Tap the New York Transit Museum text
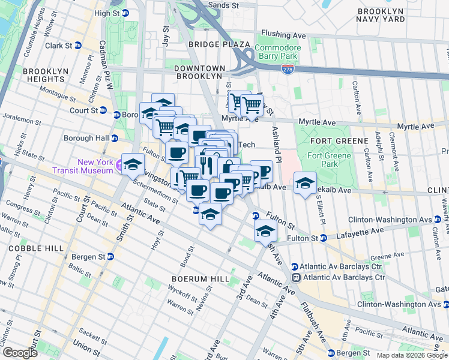point(95,166)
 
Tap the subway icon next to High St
point(125,13)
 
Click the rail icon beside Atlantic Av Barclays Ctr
point(296,277)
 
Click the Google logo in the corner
point(19,352)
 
